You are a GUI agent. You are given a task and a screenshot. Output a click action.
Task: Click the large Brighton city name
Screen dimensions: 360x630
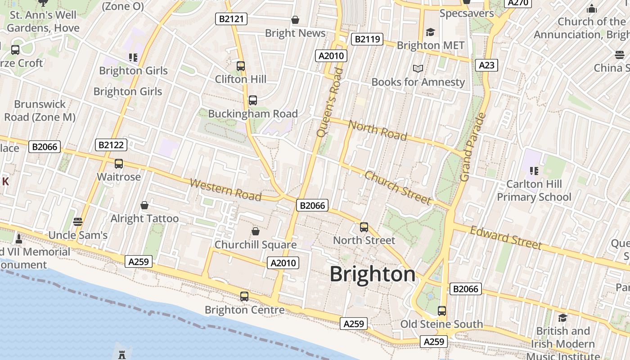[373, 274]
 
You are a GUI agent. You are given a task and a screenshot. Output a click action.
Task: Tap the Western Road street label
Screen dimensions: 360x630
[225, 189]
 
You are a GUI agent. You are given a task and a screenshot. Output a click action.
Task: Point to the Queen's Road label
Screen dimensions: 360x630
[330, 102]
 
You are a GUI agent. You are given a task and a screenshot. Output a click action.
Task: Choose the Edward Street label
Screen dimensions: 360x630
[506, 238]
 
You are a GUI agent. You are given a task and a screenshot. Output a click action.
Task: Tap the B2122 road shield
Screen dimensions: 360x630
[111, 145]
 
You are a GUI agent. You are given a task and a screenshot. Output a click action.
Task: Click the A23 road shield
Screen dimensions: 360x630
[486, 65]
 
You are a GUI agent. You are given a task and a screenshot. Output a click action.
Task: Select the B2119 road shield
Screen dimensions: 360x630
[367, 39]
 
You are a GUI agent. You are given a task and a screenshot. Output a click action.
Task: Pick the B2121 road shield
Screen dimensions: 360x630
[231, 19]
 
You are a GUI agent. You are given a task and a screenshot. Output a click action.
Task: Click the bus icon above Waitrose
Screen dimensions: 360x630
[119, 164]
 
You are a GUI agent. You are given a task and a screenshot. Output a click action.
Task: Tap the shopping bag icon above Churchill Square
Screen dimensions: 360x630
[256, 231]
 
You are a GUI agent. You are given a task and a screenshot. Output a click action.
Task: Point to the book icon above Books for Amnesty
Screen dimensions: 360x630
[418, 68]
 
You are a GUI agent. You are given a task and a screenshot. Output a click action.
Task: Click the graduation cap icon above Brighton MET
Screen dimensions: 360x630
[430, 32]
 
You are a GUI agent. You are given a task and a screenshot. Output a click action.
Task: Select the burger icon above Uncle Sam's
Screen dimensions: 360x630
[78, 221]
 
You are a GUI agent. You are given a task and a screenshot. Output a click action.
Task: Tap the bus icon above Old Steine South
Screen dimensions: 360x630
[442, 310]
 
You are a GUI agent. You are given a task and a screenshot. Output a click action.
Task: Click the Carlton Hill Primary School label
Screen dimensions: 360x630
[534, 190]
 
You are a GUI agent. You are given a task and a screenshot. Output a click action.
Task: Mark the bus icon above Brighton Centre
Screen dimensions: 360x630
[244, 296]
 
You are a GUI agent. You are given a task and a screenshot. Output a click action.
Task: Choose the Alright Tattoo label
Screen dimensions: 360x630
[144, 219]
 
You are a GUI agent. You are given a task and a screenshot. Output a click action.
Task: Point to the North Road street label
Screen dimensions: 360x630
[378, 130]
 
